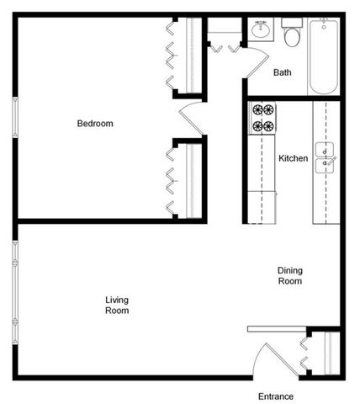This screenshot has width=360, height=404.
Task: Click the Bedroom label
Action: tap(95, 124)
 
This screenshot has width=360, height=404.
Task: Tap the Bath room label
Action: tap(282, 72)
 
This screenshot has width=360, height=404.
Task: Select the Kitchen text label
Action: tap(293, 158)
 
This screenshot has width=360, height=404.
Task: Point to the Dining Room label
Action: tap(290, 275)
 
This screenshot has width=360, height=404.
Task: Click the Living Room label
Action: tap(117, 305)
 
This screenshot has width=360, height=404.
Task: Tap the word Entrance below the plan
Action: tap(276, 396)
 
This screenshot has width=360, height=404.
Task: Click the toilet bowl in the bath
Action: tap(292, 37)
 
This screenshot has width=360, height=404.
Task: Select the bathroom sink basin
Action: tap(261, 29)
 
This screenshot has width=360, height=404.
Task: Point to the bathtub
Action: tap(324, 56)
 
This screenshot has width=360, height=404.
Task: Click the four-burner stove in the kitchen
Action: tap(262, 118)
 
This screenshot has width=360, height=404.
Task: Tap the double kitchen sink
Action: tap(325, 157)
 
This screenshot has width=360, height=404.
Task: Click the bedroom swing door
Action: tap(191, 119)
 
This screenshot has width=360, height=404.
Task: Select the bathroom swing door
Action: tap(257, 63)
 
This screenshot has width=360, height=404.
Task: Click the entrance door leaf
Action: tap(282, 359)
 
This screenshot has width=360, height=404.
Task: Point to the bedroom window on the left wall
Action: tap(15, 117)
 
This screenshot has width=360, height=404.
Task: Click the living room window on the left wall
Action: tap(15, 293)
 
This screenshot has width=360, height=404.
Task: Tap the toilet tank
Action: tap(292, 23)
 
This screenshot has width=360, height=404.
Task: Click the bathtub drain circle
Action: tap(324, 27)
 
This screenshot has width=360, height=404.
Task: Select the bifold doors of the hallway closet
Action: tap(225, 49)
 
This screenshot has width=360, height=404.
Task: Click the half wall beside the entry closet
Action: tap(277, 329)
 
